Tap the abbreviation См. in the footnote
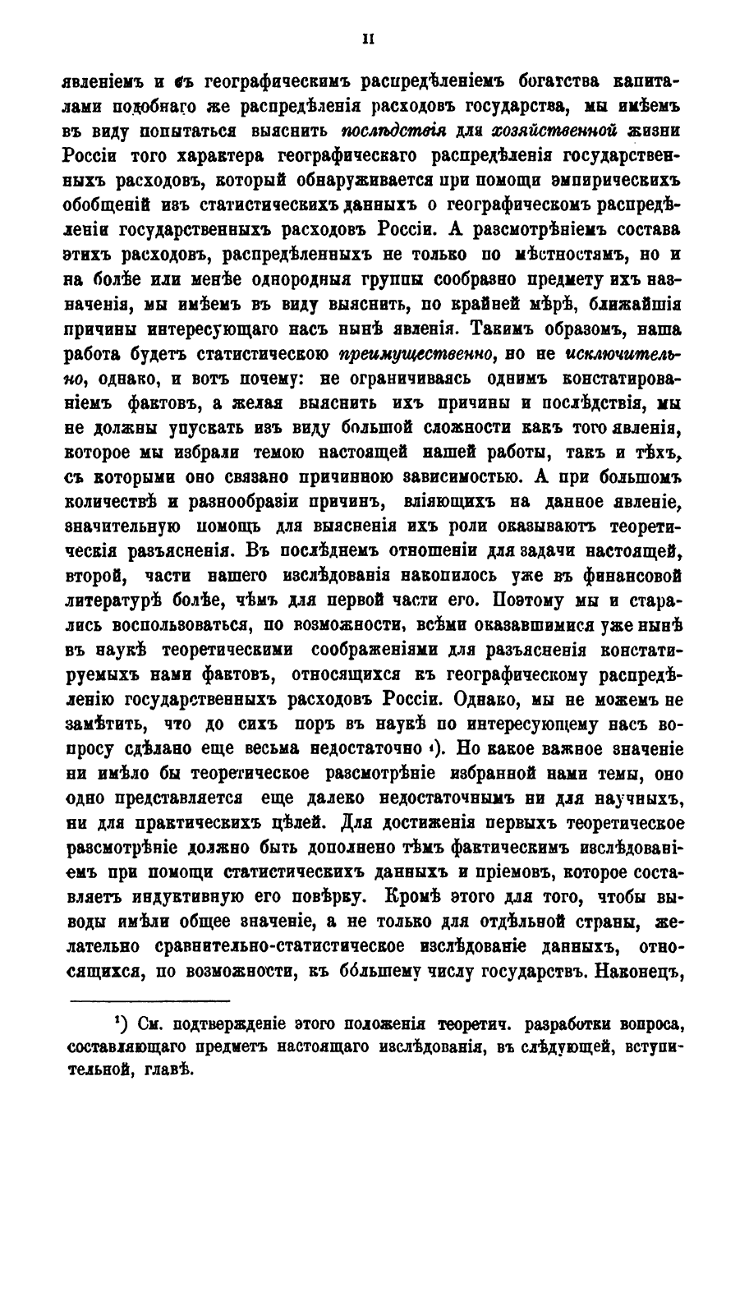click(155, 1026)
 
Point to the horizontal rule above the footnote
click(160, 1001)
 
